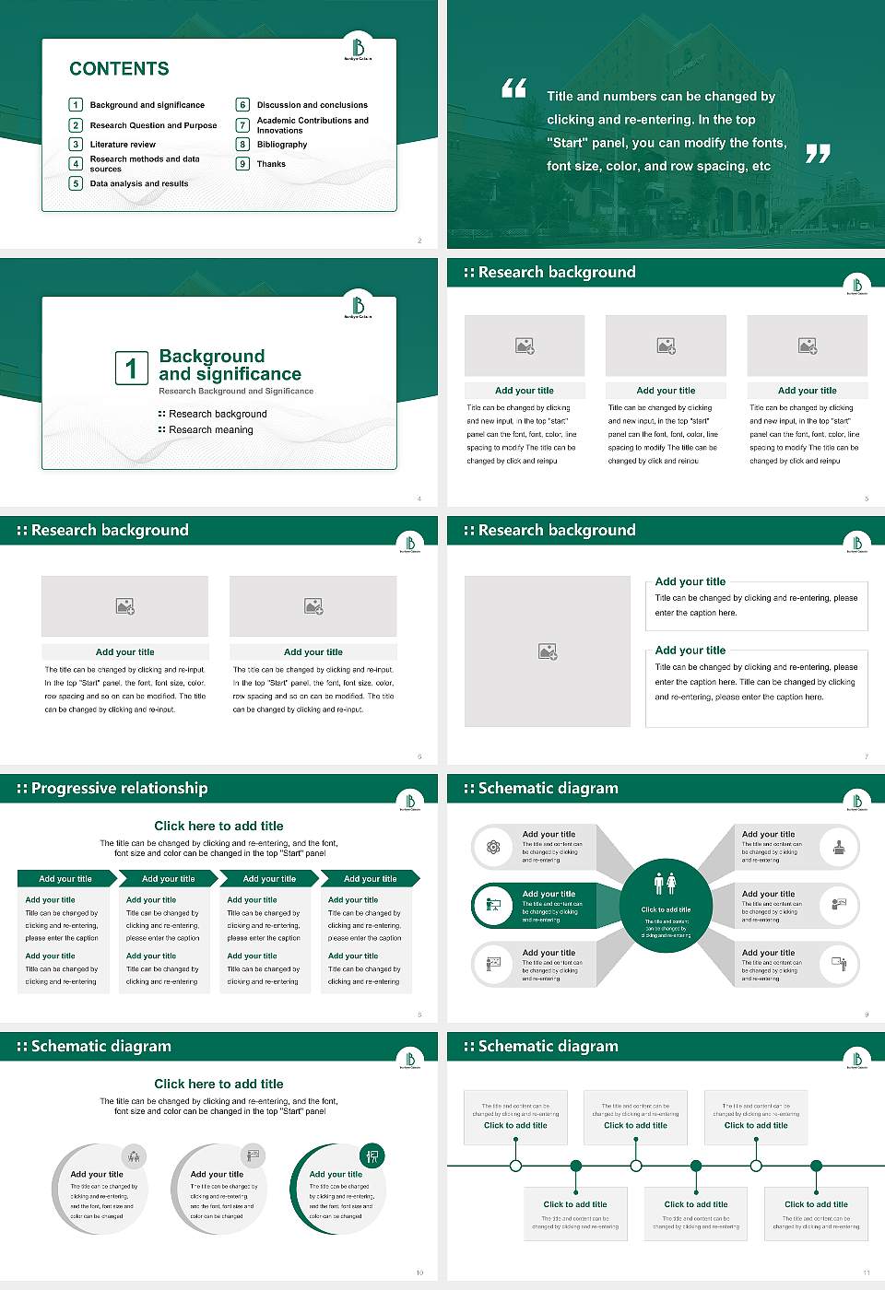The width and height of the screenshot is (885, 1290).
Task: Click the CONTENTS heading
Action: pyautogui.click(x=119, y=69)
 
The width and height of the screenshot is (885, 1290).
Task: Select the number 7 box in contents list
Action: pyautogui.click(x=243, y=125)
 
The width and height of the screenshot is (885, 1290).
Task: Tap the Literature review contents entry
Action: pyautogui.click(x=123, y=145)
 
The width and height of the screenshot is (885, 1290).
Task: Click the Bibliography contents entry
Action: pyautogui.click(x=282, y=145)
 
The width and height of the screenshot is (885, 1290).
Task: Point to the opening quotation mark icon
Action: pyautogui.click(x=513, y=88)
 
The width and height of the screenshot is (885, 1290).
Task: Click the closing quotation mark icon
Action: pyautogui.click(x=818, y=154)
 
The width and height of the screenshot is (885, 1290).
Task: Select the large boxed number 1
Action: pyautogui.click(x=131, y=368)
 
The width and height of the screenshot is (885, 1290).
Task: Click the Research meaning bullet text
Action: pyautogui.click(x=210, y=430)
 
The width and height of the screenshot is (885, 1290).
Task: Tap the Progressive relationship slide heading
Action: pyautogui.click(x=119, y=789)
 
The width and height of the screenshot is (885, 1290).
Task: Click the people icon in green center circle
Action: pyautogui.click(x=666, y=884)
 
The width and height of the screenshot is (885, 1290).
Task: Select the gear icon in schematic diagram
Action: pyautogui.click(x=493, y=847)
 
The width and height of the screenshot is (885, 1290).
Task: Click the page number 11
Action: pyautogui.click(x=867, y=1272)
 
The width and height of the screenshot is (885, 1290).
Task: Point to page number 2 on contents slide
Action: pyautogui.click(x=419, y=240)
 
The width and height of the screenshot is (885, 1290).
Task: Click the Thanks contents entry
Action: pyautogui.click(x=271, y=164)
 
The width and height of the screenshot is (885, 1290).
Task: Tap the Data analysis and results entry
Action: pyautogui.click(x=139, y=183)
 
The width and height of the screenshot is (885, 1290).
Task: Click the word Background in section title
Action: pyautogui.click(x=211, y=357)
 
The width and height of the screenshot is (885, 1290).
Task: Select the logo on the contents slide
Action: pyautogui.click(x=358, y=48)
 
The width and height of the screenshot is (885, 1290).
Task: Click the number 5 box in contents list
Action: pyautogui.click(x=77, y=183)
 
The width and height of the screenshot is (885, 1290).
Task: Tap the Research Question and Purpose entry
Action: pyautogui.click(x=153, y=125)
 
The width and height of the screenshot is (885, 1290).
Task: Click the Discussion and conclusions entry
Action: pyautogui.click(x=312, y=105)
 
